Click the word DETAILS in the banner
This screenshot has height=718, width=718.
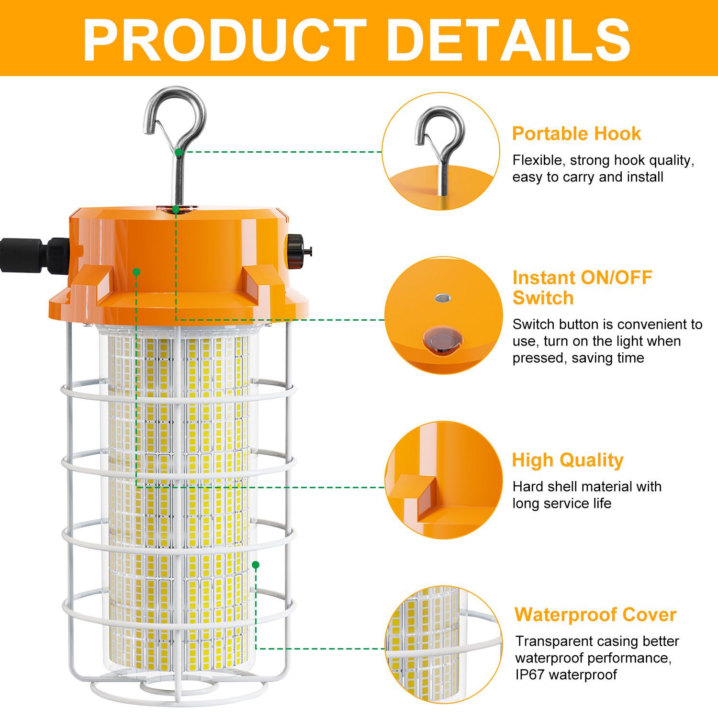click(x=509, y=40)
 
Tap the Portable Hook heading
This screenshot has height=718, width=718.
click(x=576, y=134)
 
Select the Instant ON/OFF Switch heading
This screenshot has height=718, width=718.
click(x=582, y=288)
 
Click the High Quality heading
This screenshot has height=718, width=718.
click(x=568, y=460)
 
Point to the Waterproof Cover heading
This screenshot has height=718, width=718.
click(x=595, y=615)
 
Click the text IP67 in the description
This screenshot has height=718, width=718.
click(x=530, y=674)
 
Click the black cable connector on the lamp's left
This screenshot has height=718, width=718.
click(x=34, y=256)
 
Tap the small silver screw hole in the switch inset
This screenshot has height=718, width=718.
click(x=443, y=298)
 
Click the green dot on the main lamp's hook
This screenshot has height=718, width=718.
click(x=179, y=152)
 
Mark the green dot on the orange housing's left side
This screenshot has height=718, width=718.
click(x=136, y=272)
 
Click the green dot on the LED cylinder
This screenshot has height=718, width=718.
click(x=256, y=565)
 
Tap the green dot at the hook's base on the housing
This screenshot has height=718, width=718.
click(x=176, y=210)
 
